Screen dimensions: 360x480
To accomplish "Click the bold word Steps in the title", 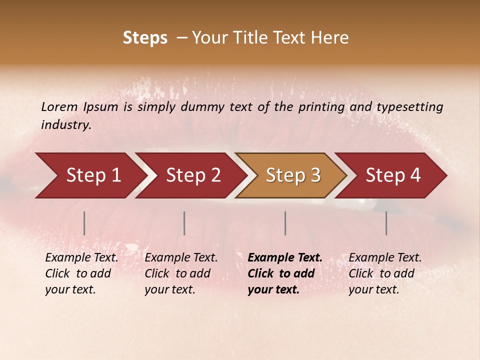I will coord(145,38).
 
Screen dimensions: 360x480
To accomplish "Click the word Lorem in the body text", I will coord(59,106).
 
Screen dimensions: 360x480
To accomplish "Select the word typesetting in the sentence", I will coord(409,106).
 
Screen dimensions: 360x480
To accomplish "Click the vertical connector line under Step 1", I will coord(84,223).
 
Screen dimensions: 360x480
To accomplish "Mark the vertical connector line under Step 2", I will coord(184,223).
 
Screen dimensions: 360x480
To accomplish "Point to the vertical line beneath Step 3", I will coord(285,223).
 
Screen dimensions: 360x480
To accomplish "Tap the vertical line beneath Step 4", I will coord(386,223).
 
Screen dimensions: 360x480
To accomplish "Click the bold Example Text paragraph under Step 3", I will coord(285,273).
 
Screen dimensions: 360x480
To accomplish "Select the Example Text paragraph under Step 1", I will coord(81,273).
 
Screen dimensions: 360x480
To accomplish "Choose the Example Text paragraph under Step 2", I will coord(181,273).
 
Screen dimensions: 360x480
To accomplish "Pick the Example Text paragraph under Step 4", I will coord(385,273).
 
